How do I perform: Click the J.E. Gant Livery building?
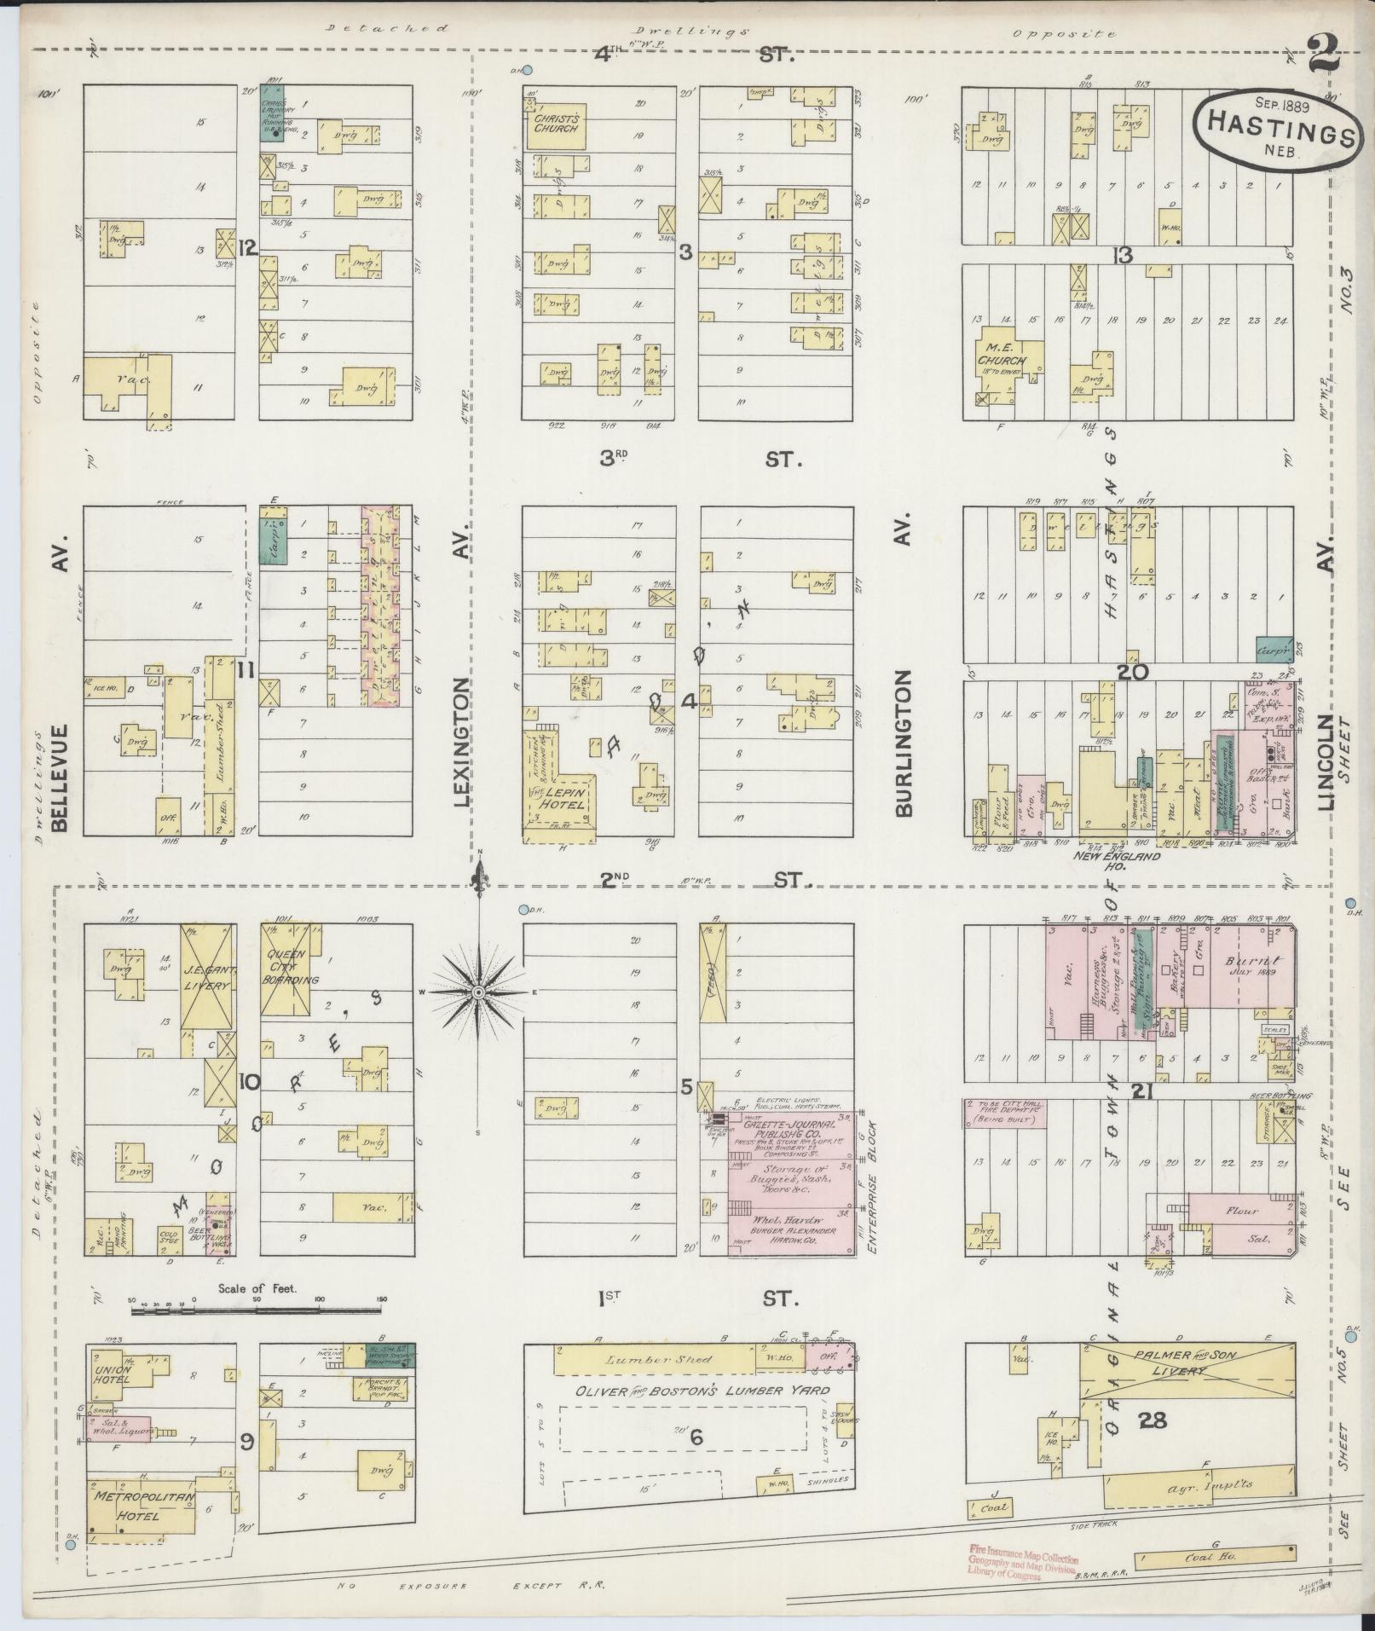(207, 977)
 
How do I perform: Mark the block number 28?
(1156, 1420)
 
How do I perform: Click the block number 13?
(1124, 254)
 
